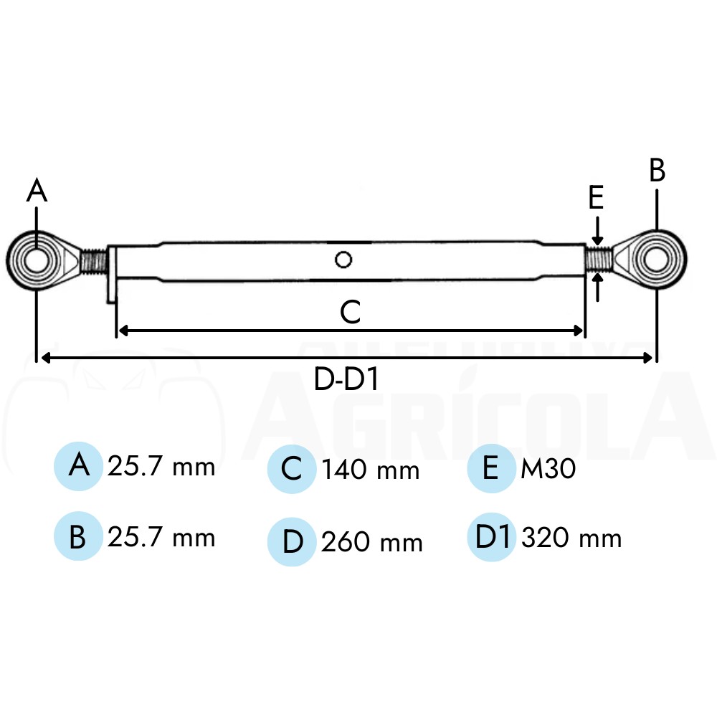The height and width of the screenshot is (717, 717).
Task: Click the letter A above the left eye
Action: click(37, 190)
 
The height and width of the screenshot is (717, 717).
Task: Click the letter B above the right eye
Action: click(657, 170)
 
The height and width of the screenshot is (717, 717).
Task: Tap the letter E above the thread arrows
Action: click(596, 198)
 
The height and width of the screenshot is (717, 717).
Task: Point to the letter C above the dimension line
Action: click(351, 312)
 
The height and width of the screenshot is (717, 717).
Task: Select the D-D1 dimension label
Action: click(346, 379)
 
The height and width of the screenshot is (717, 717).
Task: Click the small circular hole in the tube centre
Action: click(343, 260)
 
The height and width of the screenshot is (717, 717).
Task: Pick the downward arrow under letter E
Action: click(597, 231)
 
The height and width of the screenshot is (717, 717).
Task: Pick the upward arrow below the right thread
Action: click(597, 288)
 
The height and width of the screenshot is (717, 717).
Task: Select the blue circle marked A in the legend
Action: click(78, 467)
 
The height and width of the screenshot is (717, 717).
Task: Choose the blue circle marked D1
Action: click(492, 537)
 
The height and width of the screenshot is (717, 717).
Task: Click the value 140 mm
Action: click(371, 470)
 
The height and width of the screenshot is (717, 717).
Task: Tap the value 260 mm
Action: click(371, 542)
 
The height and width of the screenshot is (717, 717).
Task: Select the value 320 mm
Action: click(571, 537)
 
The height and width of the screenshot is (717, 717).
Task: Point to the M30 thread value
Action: click(549, 469)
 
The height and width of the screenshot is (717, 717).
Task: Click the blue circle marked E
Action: click(492, 468)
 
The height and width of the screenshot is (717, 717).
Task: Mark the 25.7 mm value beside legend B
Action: click(161, 537)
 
